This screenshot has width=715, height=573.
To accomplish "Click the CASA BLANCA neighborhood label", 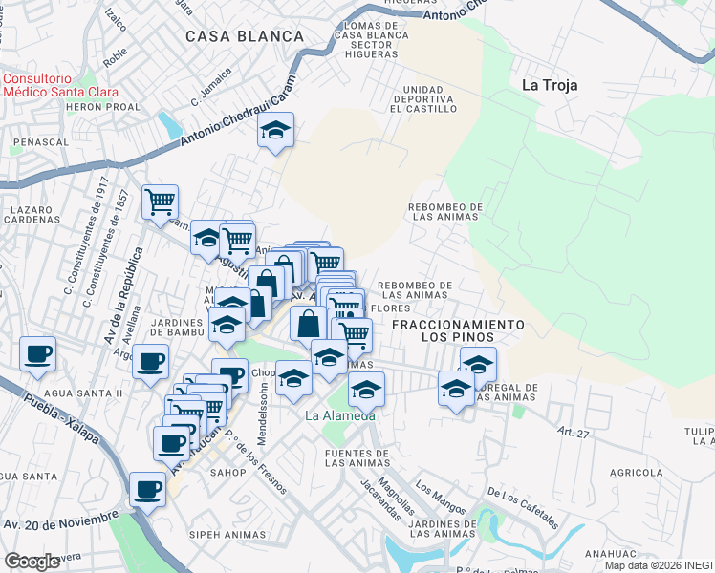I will pos(244,36).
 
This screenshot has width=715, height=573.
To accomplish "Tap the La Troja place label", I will pos(549,84).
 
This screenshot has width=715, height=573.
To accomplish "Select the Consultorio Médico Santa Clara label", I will pos(59,86).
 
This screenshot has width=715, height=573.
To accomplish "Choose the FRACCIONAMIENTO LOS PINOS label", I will pos(458,331).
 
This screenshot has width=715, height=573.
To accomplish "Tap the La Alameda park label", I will pos(339,416).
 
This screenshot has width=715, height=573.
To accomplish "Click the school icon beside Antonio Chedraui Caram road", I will pos(275,131).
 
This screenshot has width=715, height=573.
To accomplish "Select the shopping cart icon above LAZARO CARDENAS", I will pos(160,202).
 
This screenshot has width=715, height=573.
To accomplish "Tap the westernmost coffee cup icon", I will pos(37,353).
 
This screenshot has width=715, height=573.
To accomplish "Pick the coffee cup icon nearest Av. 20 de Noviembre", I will pos(147,489).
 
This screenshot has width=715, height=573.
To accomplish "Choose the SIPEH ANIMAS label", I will pos(226,534).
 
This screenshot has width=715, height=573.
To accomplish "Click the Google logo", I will pos(32,561).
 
